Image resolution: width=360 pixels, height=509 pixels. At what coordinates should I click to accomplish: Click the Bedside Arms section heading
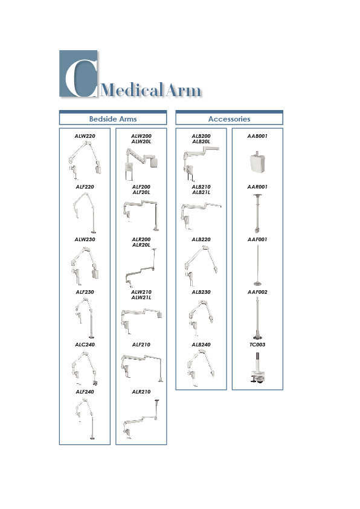tap(113, 119)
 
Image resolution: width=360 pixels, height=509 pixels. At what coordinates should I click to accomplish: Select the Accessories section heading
tap(230, 119)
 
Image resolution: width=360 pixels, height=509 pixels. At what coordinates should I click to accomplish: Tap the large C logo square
tap(78, 74)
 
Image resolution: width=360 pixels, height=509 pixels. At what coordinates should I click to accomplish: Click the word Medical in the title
tap(132, 89)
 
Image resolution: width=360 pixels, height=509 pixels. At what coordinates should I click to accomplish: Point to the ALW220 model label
tap(85, 136)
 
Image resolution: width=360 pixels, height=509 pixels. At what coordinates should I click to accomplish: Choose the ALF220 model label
tap(85, 187)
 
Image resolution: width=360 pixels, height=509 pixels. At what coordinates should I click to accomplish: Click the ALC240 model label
tap(85, 345)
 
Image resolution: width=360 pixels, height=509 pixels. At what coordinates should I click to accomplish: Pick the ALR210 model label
tap(141, 392)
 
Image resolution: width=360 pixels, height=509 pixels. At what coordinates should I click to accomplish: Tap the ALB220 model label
tap(201, 239)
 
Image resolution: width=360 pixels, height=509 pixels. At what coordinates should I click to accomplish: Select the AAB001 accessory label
tap(257, 136)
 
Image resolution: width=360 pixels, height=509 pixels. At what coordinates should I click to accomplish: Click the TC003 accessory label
tap(257, 345)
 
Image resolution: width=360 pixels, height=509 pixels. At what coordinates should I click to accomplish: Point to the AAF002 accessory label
tap(257, 292)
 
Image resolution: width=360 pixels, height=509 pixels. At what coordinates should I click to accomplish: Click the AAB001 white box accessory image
tap(257, 162)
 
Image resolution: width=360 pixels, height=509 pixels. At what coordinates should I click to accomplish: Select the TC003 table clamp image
tap(257, 368)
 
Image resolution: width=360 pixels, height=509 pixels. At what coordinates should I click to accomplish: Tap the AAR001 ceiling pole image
tap(257, 213)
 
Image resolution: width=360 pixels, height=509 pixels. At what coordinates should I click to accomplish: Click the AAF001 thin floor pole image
tap(257, 265)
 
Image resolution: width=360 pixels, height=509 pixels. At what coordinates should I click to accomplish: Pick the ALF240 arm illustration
tap(85, 419)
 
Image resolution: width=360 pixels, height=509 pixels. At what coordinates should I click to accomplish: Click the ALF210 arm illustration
tap(142, 368)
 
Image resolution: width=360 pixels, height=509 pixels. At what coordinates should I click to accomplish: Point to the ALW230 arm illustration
tap(85, 265)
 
